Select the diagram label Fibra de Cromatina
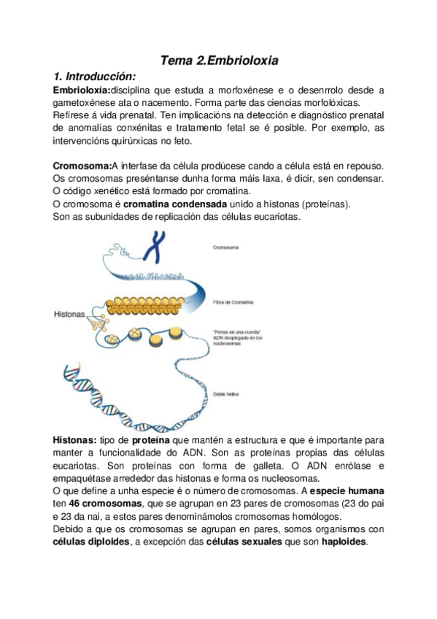231,301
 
